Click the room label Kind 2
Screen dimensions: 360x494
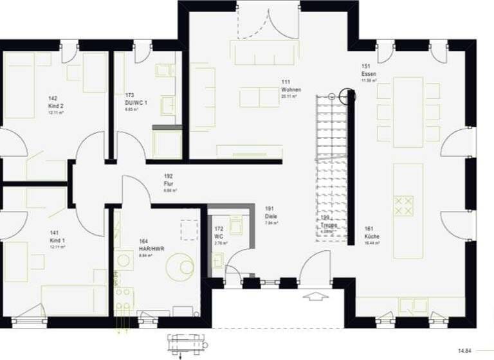pos(56,105)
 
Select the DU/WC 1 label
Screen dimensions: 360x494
pos(136,103)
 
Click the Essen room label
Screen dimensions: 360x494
pos(369,74)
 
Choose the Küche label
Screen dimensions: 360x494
pos(372,237)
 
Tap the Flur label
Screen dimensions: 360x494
pos(169,183)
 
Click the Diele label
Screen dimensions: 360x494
pos(271,217)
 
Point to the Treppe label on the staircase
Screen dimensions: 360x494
pos(329,225)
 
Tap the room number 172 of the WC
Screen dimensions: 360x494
pos(219,228)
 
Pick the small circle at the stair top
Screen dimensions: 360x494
pos(331,97)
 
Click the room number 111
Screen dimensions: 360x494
pos(286,82)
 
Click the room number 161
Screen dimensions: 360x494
pos(369,229)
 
